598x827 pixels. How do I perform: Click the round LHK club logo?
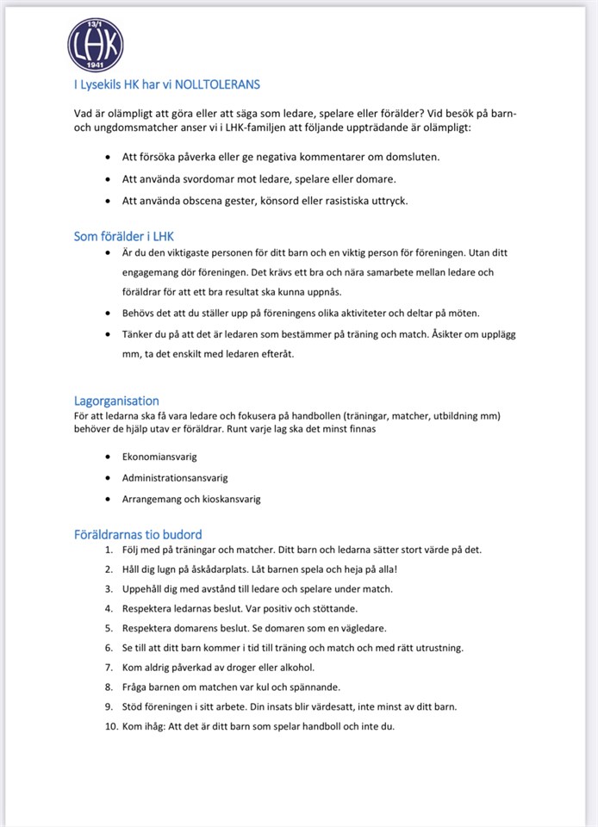click(96, 44)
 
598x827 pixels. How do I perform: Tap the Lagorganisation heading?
click(116, 401)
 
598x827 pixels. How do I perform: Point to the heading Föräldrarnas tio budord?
click(138, 534)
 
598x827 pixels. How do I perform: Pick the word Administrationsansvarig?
click(175, 477)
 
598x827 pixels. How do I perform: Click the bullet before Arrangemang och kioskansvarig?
click(106, 499)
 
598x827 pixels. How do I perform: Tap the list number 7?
click(109, 667)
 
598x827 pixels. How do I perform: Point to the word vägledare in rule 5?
click(362, 628)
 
